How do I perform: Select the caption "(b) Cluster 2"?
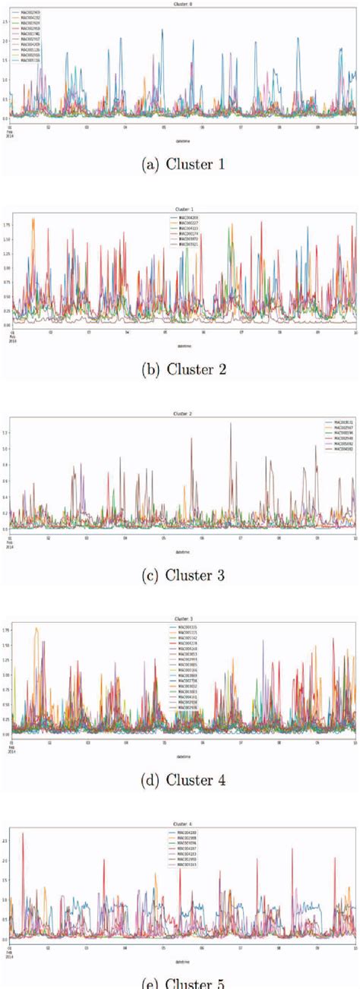coord(179,370)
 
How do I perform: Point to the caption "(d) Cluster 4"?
coord(179,779)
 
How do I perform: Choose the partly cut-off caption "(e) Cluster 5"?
coord(179,983)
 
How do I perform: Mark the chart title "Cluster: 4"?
coord(180,823)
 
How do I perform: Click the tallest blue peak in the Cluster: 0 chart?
coord(163,30)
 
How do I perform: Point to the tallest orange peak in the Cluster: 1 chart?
coord(33,220)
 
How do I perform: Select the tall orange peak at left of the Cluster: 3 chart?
coord(36,629)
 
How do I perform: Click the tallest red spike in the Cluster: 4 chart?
coord(23,834)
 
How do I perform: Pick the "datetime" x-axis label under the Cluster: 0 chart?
coord(180,140)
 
